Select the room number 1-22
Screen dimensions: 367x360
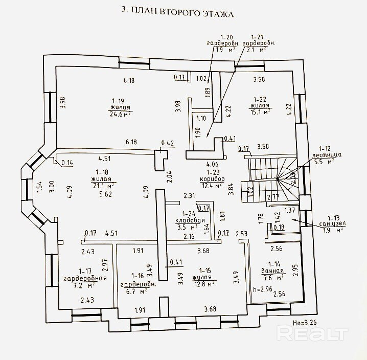tap(260, 99)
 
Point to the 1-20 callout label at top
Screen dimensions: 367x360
tap(226, 37)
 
